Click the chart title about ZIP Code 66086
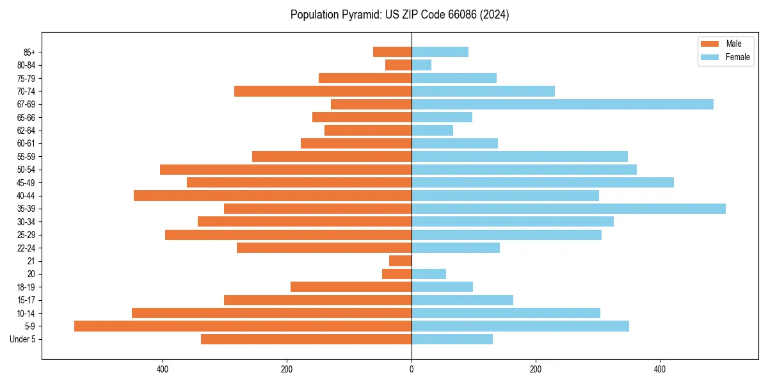point(399,15)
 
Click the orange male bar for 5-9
point(243,326)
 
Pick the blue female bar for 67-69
point(562,104)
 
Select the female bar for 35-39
point(568,209)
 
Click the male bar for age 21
point(400,261)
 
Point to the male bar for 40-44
point(273,196)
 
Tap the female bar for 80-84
point(421,65)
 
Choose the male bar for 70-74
point(323,92)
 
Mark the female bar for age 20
point(429,274)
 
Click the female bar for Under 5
point(452,339)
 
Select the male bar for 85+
point(392,52)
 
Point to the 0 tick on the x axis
point(412,369)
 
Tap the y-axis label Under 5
point(23,339)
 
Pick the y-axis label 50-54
point(26,170)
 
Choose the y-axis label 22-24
point(26,248)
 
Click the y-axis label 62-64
point(26,131)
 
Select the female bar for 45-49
point(542,182)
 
